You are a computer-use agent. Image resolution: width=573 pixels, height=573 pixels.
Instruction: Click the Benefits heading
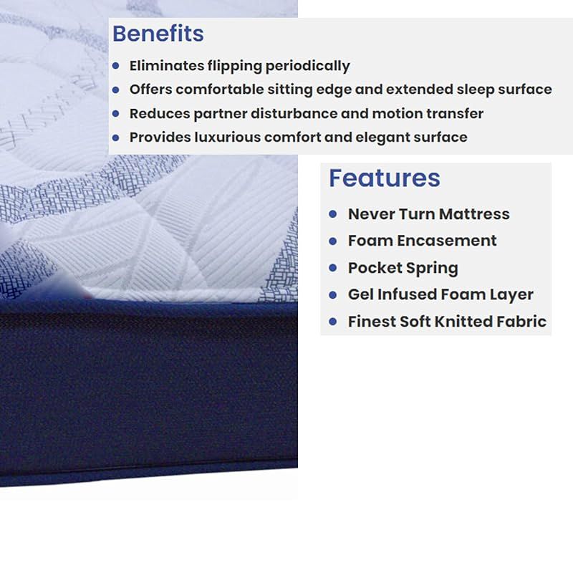pyautogui.click(x=158, y=34)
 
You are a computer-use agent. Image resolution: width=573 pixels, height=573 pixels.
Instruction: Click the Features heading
pyautogui.click(x=385, y=178)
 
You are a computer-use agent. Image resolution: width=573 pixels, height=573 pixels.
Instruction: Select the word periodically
pyautogui.click(x=308, y=67)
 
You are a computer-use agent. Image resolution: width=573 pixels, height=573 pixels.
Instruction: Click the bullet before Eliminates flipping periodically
pyautogui.click(x=116, y=66)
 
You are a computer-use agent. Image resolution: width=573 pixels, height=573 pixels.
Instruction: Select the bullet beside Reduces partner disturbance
pyautogui.click(x=116, y=114)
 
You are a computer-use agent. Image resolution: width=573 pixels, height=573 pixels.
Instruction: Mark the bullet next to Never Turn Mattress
pyautogui.click(x=332, y=213)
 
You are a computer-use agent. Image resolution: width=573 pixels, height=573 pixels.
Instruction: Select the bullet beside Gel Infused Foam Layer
pyautogui.click(x=332, y=294)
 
